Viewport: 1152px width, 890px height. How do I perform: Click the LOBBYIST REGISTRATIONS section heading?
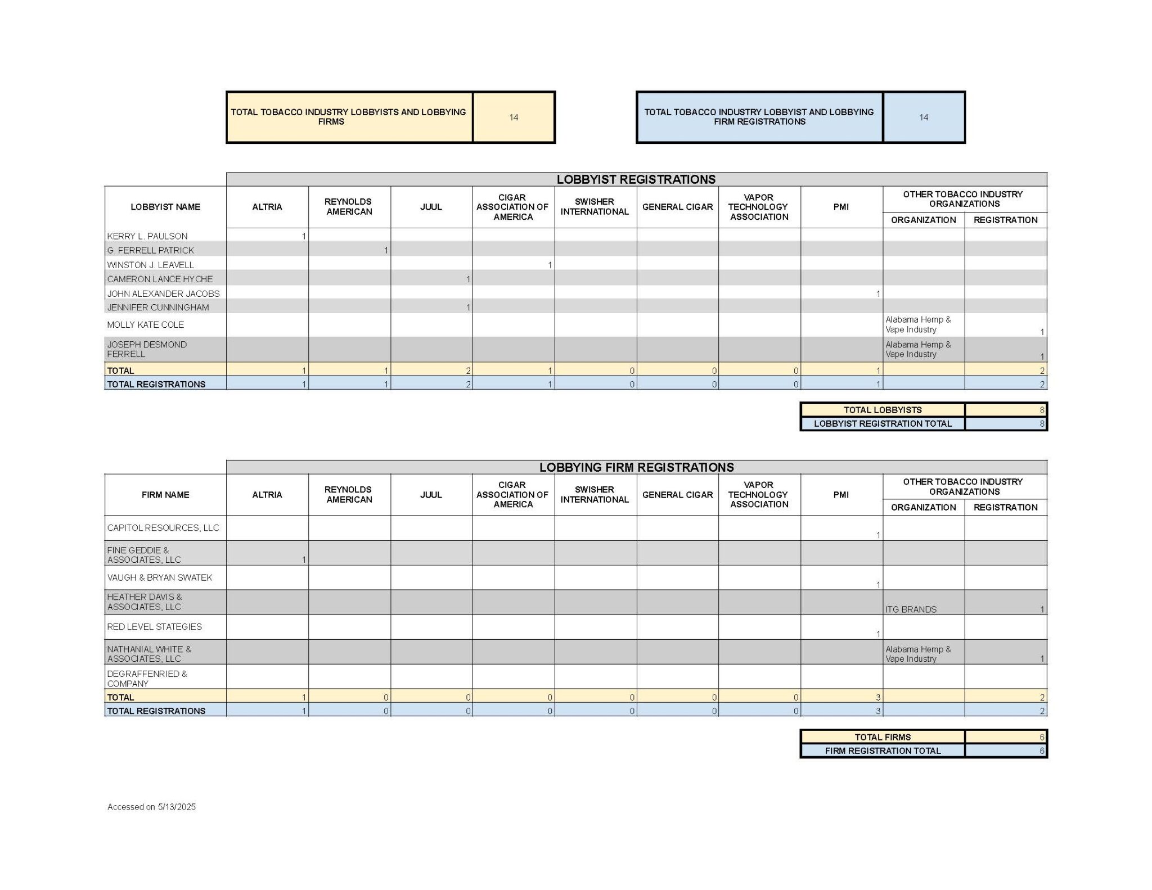[x=636, y=179]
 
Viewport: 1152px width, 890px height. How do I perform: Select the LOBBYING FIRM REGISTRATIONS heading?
[x=636, y=467]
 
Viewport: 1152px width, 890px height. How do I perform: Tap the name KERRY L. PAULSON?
[x=147, y=236]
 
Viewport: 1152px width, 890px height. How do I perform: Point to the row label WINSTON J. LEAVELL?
[x=150, y=265]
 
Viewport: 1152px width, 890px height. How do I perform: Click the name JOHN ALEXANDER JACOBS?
[x=163, y=293]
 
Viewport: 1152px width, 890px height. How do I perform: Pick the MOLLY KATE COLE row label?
[x=145, y=324]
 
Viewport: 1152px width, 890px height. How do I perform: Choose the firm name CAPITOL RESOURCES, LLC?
[x=163, y=527]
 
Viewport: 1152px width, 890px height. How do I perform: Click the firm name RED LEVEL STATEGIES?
[x=154, y=626]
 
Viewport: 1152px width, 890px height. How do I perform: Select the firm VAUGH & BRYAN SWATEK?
[x=159, y=577]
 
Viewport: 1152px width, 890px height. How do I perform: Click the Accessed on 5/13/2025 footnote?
[x=151, y=807]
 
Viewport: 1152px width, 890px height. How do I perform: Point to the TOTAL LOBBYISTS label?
[x=882, y=410]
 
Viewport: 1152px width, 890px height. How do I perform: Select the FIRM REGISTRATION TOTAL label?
[x=882, y=751]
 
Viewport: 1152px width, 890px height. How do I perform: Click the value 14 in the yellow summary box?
[x=514, y=118]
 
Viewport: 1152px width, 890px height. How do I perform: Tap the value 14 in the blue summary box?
[x=923, y=118]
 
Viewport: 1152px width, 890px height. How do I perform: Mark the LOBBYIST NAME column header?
[x=165, y=207]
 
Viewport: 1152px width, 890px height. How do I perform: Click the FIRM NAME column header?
[x=165, y=495]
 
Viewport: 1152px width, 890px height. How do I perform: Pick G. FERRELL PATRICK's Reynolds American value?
[x=385, y=250]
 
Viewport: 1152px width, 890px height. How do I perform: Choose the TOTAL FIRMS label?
[x=882, y=737]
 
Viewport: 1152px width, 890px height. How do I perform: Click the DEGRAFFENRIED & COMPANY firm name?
[x=147, y=679]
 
